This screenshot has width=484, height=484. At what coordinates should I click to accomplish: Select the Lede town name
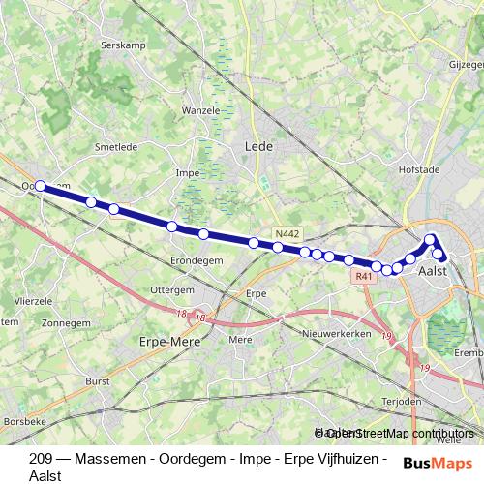(260, 146)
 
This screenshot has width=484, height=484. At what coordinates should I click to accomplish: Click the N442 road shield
(287, 233)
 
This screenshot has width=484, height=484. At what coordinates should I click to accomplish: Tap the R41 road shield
(363, 276)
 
